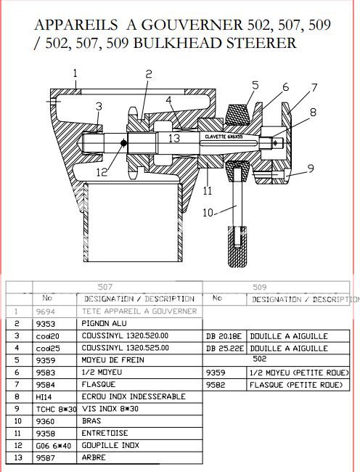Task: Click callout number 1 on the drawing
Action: [x=75, y=72]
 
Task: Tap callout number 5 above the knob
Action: [x=255, y=86]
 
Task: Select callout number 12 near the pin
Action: [x=102, y=172]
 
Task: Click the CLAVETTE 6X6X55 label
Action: [x=223, y=136]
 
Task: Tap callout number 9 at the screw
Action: [x=310, y=168]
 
